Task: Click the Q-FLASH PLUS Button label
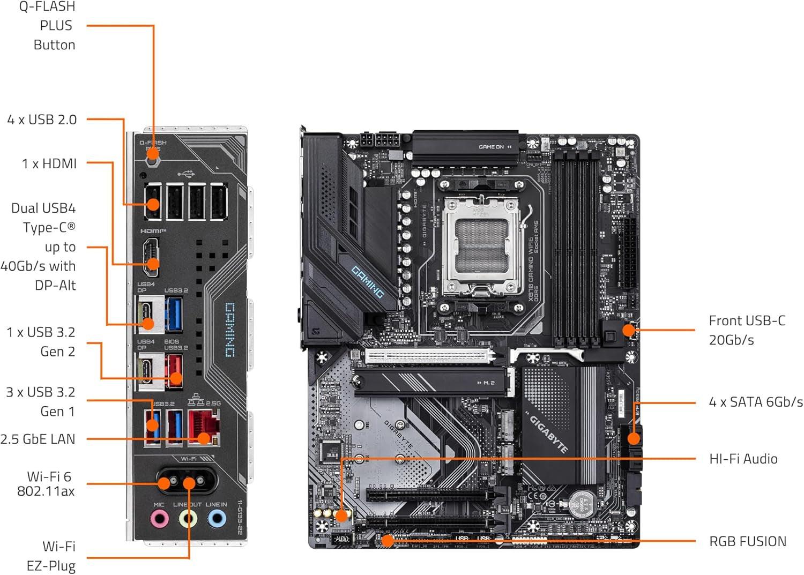[x=47, y=26]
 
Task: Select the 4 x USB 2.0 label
[x=42, y=120]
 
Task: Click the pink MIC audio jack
[x=159, y=519]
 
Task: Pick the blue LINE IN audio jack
[x=216, y=519]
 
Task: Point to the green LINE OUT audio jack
[x=188, y=519]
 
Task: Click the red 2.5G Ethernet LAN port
[x=204, y=426]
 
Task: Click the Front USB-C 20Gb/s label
[x=747, y=330]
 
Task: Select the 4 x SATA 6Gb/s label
[x=756, y=402]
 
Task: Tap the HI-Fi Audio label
[x=743, y=459]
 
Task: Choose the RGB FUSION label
[x=748, y=541]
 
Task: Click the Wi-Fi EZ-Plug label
[x=51, y=556]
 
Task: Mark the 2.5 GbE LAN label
[x=38, y=439]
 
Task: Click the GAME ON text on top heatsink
[x=491, y=147]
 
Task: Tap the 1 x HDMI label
[x=49, y=163]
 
